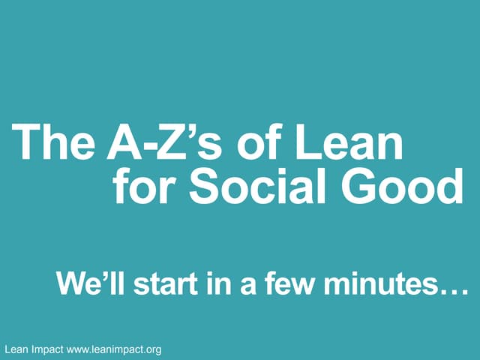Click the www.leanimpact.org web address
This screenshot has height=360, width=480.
point(113,349)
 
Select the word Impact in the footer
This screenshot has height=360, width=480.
point(47,349)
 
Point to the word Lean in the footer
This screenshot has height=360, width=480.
point(16,349)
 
